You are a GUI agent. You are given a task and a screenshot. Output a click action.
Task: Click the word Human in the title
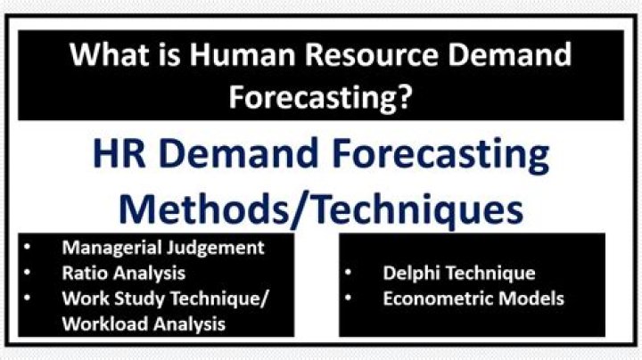[243, 56]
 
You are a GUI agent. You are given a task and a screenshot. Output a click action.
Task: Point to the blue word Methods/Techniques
[321, 209]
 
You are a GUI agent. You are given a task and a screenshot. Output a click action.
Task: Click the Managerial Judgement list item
[163, 247]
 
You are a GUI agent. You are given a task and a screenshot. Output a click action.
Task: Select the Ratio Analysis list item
[123, 273]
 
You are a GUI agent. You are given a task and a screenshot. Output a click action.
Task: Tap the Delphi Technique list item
[459, 273]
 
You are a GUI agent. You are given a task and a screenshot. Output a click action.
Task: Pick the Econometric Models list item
[473, 299]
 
